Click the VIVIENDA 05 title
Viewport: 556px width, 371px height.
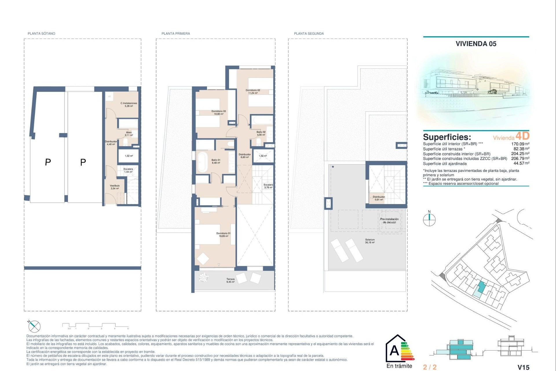(476, 44)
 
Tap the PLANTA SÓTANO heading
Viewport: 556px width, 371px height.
(41, 34)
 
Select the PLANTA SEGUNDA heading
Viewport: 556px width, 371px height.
(309, 34)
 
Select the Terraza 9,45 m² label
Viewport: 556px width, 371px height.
(231, 280)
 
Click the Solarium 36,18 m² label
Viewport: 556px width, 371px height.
(370, 241)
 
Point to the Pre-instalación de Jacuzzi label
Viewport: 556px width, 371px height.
(389, 221)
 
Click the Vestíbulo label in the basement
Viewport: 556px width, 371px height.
(115, 187)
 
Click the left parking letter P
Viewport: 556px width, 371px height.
(48, 162)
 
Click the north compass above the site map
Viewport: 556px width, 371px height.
(429, 219)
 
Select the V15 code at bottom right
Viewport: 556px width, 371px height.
(523, 367)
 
